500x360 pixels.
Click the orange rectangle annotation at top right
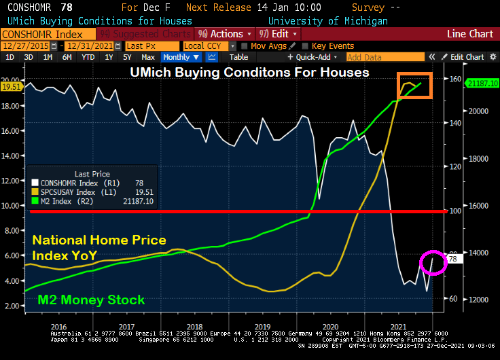tap(414, 86)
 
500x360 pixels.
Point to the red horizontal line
tap(238, 212)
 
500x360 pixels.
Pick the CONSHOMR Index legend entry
tap(69, 183)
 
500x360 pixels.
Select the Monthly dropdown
tap(180, 57)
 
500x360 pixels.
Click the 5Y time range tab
tap(126, 57)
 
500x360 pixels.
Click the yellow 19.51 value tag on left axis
tap(11, 86)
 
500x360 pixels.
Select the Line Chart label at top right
tap(470, 34)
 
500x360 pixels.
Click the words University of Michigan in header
tap(328, 21)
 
